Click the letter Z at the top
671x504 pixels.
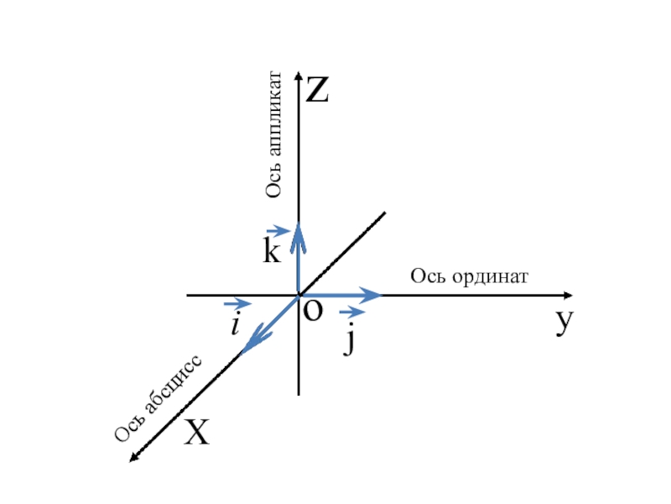click(317, 90)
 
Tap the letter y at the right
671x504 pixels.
click(564, 322)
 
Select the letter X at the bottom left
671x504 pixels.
click(197, 433)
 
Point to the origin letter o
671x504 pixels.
click(312, 312)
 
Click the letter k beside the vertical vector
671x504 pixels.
click(271, 252)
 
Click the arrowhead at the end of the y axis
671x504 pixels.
click(570, 296)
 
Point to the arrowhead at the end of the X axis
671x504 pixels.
click(133, 457)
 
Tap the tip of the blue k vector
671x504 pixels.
click(299, 223)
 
